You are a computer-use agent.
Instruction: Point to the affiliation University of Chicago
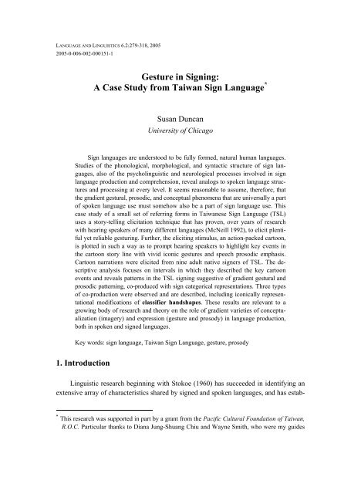coord(180,137)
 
